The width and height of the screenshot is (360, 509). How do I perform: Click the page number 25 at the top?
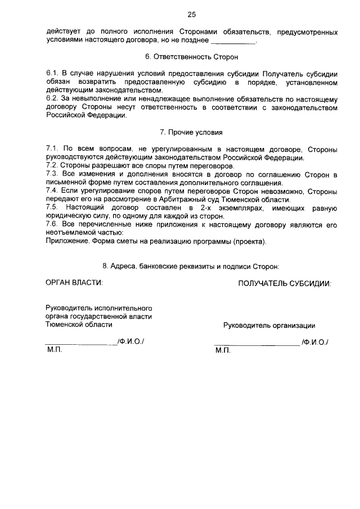(192, 14)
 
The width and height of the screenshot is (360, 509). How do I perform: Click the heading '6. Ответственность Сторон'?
(191, 57)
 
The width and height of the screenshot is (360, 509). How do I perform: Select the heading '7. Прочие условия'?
(191, 133)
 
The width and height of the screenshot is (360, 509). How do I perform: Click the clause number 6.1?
(52, 74)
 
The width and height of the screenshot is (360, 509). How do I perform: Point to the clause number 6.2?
(52, 99)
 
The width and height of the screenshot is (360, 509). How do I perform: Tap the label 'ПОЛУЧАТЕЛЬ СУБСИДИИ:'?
(285, 283)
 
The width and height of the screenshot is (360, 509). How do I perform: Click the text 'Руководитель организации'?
(269, 325)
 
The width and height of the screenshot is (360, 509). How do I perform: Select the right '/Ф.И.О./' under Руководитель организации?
(315, 342)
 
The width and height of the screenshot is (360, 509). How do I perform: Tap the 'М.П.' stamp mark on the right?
(223, 351)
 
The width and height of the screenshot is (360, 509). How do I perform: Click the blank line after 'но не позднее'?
(235, 41)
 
